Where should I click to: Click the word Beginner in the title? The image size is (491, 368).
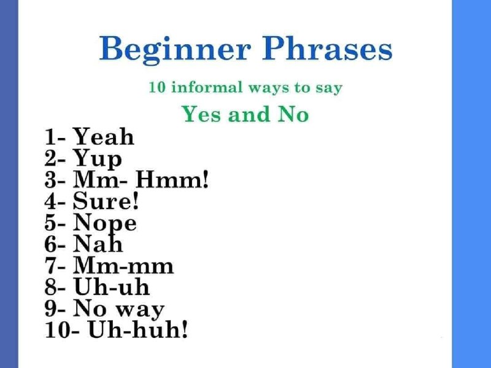point(175,50)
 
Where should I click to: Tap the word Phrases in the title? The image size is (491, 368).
point(327,48)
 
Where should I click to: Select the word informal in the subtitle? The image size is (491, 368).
point(207,87)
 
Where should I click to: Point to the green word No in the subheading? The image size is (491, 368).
point(293,114)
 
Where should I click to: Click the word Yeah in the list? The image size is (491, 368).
point(103,136)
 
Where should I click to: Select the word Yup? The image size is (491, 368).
point(97,159)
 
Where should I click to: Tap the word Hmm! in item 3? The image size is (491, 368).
point(172,180)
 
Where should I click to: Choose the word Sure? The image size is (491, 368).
point(106,201)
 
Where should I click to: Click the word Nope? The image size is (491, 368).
point(104,224)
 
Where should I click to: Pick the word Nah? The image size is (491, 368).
point(98,243)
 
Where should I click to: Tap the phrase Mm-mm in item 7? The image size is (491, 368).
point(123,266)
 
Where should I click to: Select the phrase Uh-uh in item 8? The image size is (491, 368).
point(111,286)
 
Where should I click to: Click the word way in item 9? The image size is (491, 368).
point(140,310)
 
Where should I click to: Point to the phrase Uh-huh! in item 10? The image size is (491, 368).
point(138,329)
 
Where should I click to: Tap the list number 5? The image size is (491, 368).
point(50,223)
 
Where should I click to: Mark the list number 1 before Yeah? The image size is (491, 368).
point(50,136)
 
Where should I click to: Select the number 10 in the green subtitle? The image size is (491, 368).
point(157,87)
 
